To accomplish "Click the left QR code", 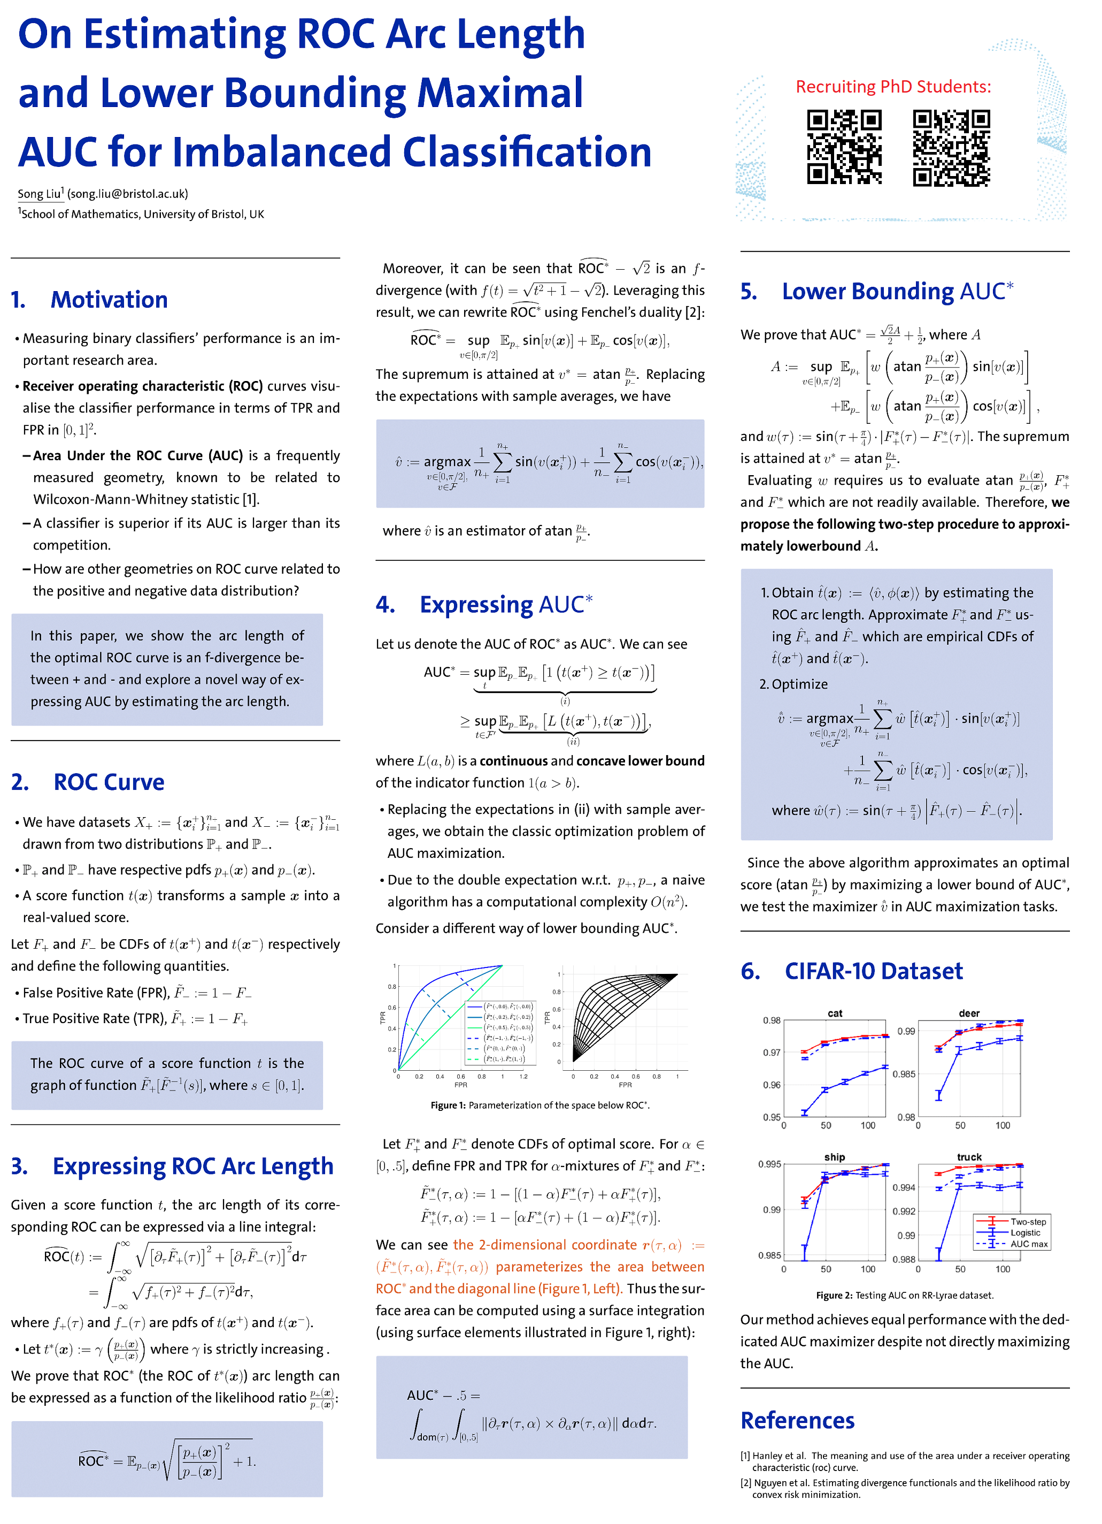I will click(844, 148).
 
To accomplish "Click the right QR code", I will click(951, 148).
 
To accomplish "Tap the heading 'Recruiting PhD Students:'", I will click(892, 87).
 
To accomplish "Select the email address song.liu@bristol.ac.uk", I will click(128, 194).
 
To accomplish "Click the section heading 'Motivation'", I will click(109, 300).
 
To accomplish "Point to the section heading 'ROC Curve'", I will click(109, 782).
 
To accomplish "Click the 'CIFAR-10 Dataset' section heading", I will click(873, 971).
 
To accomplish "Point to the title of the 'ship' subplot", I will click(834, 1157).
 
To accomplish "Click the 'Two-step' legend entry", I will click(1028, 1222).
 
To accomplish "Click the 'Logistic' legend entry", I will click(1025, 1232).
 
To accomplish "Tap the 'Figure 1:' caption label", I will click(448, 1106).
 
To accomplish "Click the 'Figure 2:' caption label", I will click(834, 1295).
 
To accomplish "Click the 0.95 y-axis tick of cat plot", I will click(771, 1117).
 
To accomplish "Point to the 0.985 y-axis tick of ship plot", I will click(769, 1255).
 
